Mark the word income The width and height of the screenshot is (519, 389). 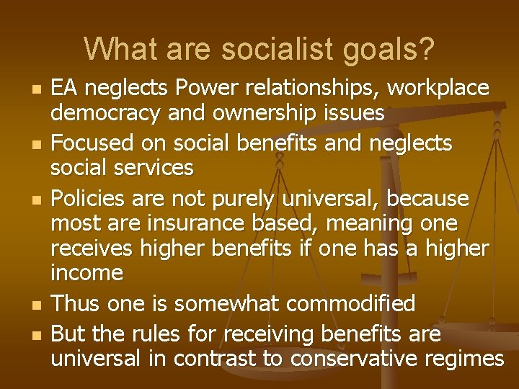pyautogui.click(x=87, y=273)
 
